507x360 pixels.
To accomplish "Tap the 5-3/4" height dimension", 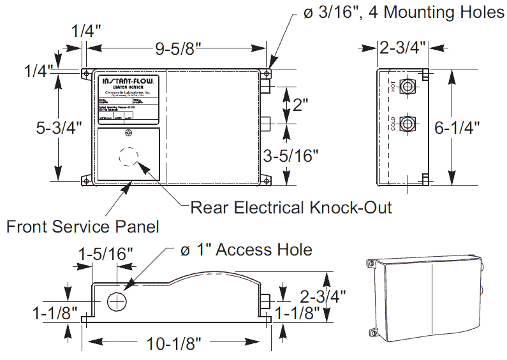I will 59,127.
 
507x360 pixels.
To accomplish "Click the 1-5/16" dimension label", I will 105,254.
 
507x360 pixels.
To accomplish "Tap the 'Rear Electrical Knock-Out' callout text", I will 291,207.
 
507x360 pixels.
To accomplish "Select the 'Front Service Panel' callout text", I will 82,226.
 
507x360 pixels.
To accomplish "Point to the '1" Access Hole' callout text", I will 246,249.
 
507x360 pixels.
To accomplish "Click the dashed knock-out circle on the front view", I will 128,156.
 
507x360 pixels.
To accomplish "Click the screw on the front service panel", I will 129,133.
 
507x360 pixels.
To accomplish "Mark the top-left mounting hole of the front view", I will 86,74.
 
